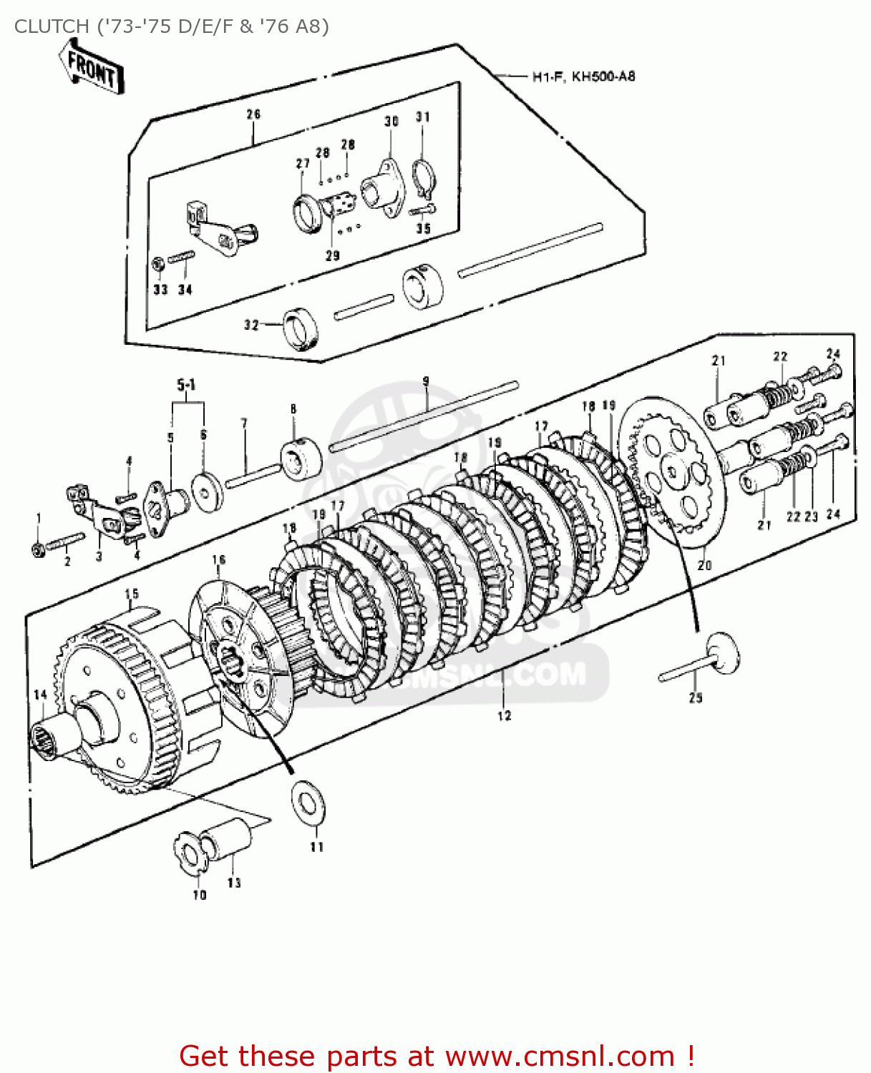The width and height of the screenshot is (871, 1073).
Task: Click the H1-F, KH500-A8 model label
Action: [x=583, y=77]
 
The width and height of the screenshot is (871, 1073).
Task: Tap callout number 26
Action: [x=253, y=114]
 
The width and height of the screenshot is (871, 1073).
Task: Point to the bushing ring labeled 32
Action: [x=300, y=327]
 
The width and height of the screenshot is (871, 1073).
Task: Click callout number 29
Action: [x=333, y=255]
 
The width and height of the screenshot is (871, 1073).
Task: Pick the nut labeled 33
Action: [x=159, y=264]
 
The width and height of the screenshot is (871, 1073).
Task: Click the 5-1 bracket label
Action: [x=186, y=386]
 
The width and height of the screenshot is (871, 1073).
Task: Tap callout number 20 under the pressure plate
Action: [x=704, y=564]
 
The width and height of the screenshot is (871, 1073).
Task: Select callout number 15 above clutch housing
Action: [x=132, y=594]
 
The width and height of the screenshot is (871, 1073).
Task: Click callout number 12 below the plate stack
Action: [x=505, y=715]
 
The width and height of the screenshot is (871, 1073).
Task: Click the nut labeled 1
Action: [x=37, y=549]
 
